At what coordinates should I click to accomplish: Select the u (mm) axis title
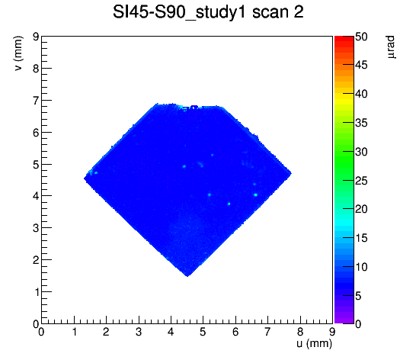tap(314, 343)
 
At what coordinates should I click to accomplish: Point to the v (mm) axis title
tap(18, 53)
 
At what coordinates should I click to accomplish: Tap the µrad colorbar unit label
tap(391, 47)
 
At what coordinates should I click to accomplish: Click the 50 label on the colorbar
tap(361, 37)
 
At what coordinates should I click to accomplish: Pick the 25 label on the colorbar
tap(361, 181)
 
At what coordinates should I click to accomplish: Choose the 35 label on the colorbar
tap(361, 123)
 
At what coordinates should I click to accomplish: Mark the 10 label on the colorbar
tap(361, 267)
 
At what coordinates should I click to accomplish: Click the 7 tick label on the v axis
tap(36, 101)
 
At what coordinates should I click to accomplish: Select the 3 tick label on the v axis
tap(36, 228)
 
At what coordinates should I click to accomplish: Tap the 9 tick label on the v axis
tap(36, 37)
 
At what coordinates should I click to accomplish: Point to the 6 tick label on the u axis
tap(235, 332)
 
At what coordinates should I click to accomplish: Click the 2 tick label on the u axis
tap(106, 332)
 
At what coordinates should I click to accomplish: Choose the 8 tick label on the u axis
tap(300, 332)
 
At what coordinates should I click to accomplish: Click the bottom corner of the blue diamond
tap(187, 276)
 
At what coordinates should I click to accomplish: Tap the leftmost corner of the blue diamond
tap(84, 178)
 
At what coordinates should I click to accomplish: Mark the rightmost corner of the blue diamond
tap(292, 173)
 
